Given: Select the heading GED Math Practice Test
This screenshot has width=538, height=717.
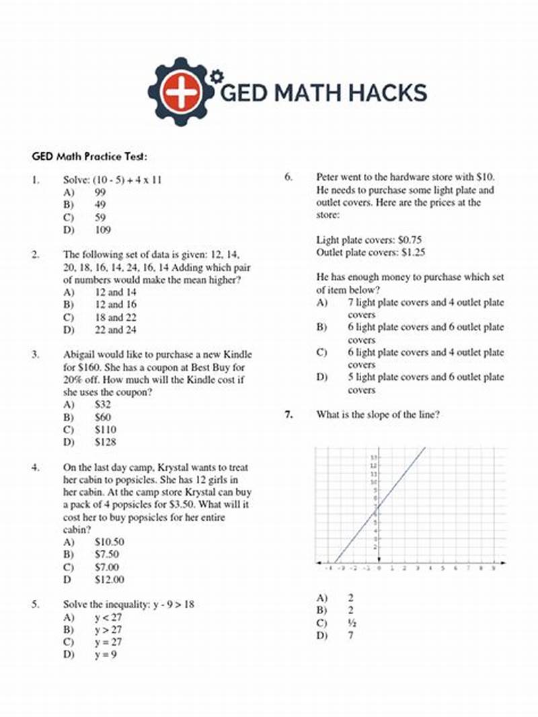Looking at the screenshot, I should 89,156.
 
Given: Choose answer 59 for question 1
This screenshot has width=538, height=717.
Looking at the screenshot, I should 100,217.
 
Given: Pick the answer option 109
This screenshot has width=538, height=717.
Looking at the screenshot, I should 102,230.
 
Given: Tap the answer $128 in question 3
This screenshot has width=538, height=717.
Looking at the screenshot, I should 105,442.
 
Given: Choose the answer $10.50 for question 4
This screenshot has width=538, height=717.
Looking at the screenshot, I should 109,541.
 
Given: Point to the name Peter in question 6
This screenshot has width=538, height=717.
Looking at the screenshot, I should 328,178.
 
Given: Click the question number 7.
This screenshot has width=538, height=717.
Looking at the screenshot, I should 288,415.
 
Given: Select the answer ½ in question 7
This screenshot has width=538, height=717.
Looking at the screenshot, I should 352,623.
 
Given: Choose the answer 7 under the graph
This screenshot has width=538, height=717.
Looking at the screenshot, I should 351,636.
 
